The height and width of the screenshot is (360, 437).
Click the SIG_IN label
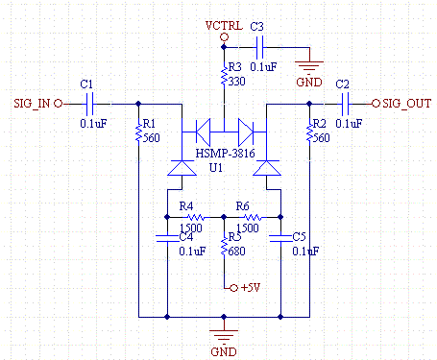pyautogui.click(x=32, y=102)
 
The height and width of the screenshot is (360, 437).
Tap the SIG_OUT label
pyautogui.click(x=406, y=102)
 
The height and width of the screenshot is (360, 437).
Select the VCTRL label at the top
pyautogui.click(x=224, y=25)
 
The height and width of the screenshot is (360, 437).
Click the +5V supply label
pyautogui.click(x=250, y=288)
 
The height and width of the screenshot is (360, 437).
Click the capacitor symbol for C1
pyautogui.click(x=93, y=102)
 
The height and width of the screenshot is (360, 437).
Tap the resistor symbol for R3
pyautogui.click(x=224, y=76)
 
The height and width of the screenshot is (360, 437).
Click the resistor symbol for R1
pyautogui.click(x=140, y=132)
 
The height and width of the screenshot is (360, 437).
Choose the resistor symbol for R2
pyautogui.click(x=311, y=132)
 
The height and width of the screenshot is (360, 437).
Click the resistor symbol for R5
pyautogui.click(x=224, y=246)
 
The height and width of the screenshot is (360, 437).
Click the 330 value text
pyautogui.click(x=237, y=82)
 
